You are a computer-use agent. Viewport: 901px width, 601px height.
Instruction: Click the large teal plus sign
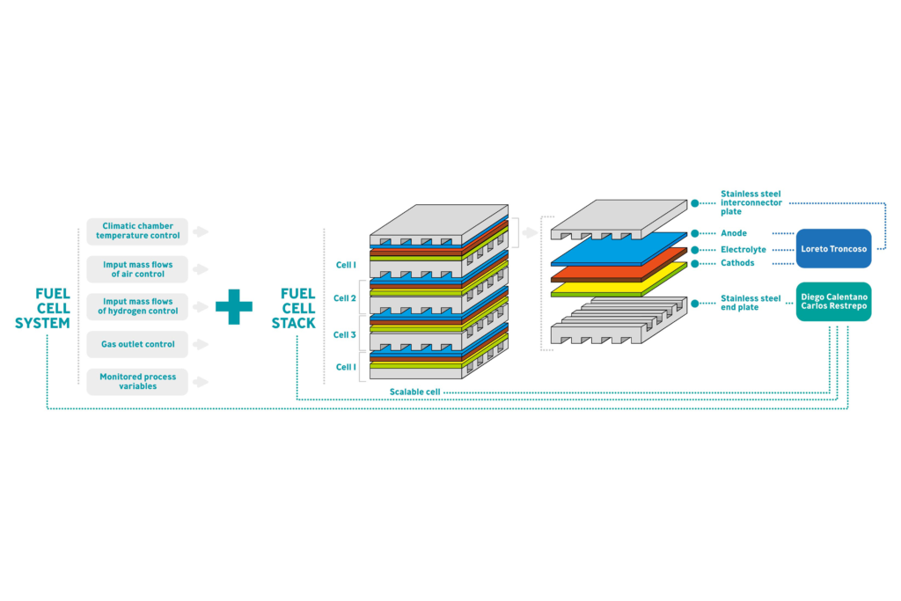(x=234, y=306)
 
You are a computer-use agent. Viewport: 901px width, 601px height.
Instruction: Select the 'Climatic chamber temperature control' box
(x=137, y=231)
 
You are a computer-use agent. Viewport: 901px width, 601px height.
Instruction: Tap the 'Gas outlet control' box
(x=137, y=344)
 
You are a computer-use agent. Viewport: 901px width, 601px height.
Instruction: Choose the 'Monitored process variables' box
(x=137, y=382)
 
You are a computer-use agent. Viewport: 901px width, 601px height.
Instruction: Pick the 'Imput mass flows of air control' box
(x=137, y=269)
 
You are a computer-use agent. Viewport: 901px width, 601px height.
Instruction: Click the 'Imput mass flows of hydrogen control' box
(x=137, y=306)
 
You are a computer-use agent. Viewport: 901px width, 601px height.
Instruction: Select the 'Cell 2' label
(x=345, y=298)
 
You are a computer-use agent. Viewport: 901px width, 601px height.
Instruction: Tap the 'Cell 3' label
(x=345, y=335)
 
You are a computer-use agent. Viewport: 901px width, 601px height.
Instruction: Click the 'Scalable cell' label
(x=414, y=391)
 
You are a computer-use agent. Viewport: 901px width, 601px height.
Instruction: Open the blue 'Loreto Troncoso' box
(x=833, y=249)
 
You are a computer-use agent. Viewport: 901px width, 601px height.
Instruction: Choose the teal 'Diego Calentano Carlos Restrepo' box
(x=833, y=302)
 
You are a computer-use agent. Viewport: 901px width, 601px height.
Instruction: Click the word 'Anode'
(x=734, y=233)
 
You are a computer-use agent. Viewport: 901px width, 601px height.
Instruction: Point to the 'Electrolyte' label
(x=744, y=249)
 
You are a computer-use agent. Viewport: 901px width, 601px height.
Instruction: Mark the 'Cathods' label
(x=737, y=263)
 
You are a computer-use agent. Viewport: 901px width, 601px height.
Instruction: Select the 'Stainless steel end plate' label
(x=751, y=303)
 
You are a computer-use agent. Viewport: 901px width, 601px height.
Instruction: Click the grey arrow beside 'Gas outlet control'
(x=201, y=344)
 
